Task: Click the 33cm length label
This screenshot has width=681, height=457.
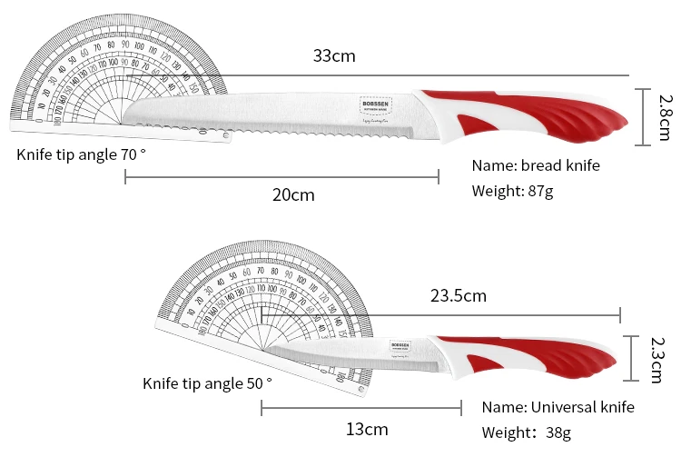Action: coord(334,56)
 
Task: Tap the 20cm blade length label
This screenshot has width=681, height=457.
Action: coord(292,194)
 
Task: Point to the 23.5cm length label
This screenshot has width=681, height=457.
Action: coord(458,295)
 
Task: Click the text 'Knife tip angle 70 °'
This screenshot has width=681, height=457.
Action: coord(81,154)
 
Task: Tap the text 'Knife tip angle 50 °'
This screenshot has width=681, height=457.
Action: coord(207,382)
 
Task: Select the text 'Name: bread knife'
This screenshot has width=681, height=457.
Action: coord(536,165)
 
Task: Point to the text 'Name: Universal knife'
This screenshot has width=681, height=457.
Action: coord(558,406)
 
